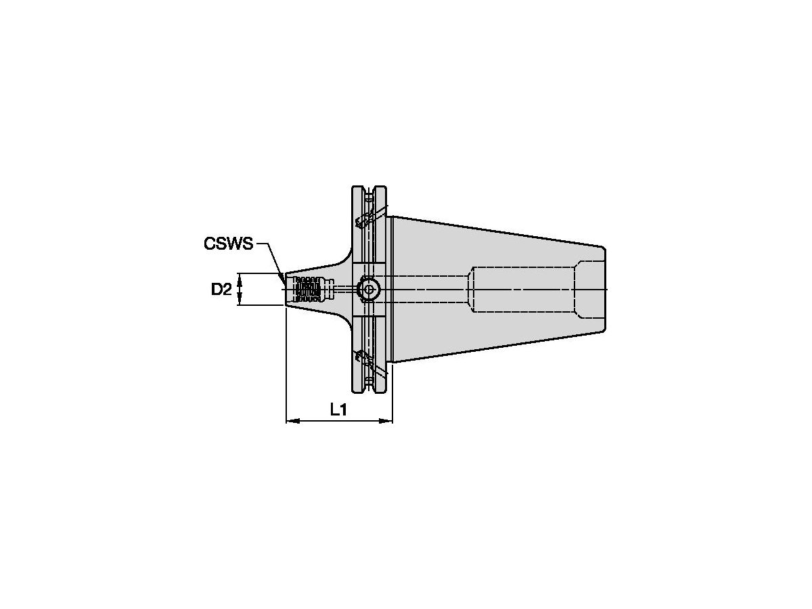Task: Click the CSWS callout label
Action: tap(228, 244)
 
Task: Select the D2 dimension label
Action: tap(221, 290)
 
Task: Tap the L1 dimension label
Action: tap(338, 409)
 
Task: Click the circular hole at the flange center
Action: tap(368, 290)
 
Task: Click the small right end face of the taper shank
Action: tap(604, 290)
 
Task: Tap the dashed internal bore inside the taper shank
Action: tap(521, 290)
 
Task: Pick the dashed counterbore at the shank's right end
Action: tap(589, 290)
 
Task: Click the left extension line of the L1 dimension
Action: tap(287, 365)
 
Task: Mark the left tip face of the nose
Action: tap(287, 290)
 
